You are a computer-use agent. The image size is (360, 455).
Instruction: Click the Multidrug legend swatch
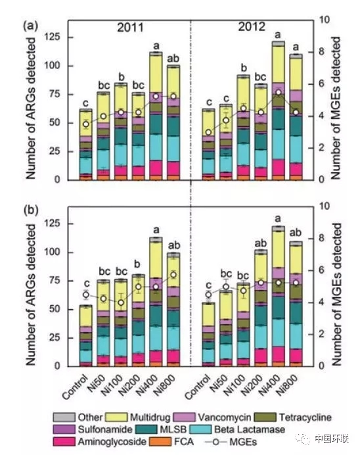(x=116, y=418)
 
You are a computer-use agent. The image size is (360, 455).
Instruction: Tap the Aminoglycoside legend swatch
(x=64, y=442)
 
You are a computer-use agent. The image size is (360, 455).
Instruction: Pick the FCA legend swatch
(x=160, y=442)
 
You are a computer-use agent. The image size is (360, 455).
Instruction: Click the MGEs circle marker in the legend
(x=215, y=443)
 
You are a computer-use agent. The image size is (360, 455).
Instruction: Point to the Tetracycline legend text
(x=305, y=418)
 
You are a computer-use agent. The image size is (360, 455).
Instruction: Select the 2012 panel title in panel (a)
(x=252, y=27)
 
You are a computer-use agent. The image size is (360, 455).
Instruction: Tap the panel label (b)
(x=31, y=210)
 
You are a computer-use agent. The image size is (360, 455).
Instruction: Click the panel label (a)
(x=31, y=26)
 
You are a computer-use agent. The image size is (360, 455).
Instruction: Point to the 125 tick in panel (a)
(x=52, y=37)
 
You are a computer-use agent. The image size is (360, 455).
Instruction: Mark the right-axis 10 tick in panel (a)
(x=325, y=20)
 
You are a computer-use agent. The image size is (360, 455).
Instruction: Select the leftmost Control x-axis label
(x=75, y=387)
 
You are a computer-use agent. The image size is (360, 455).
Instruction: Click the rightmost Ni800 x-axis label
(x=286, y=385)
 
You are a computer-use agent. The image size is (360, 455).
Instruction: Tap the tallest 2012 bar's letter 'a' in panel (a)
(x=278, y=35)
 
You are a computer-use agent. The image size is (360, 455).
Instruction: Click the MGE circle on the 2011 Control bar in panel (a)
(x=86, y=124)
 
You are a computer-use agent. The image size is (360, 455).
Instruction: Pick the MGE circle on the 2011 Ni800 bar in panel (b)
(x=173, y=274)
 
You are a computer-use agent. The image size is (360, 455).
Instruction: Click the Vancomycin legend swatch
(x=185, y=418)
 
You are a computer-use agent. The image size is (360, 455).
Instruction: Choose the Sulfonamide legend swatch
(x=64, y=429)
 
